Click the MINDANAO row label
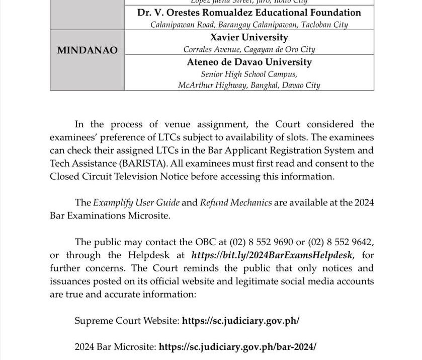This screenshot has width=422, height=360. point(88,50)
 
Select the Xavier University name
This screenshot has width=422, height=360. point(249,38)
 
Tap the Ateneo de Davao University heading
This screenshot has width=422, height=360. point(249,62)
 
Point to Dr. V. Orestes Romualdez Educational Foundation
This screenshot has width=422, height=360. point(249,13)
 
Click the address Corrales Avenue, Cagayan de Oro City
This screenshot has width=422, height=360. point(249,50)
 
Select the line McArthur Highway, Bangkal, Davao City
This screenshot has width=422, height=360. point(249,85)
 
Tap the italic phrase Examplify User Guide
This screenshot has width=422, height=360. point(131,203)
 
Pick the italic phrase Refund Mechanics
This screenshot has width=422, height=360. point(236,203)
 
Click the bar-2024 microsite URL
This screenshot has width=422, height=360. point(238,347)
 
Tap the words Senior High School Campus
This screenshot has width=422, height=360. point(249,75)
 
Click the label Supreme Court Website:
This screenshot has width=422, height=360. point(126,320)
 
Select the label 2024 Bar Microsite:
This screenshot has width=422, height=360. point(116,347)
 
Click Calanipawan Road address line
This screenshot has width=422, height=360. point(249,25)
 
